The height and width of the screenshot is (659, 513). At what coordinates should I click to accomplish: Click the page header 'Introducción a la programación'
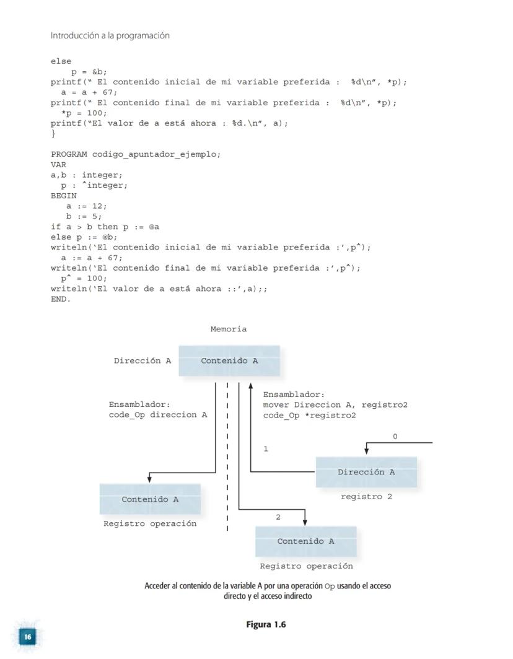click(x=110, y=36)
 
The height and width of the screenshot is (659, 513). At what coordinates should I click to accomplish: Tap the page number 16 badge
click(x=27, y=635)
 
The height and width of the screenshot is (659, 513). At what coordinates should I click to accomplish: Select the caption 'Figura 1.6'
click(x=266, y=624)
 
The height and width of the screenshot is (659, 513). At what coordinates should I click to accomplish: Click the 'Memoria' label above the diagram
click(x=228, y=329)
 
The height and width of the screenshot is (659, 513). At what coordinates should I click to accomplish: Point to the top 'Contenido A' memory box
click(x=229, y=361)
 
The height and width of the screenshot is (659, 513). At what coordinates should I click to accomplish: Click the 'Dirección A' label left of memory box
click(x=142, y=361)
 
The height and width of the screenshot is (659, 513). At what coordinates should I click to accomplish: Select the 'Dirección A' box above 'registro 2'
click(x=366, y=472)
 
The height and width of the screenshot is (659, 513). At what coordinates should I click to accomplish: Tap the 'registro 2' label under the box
click(x=366, y=496)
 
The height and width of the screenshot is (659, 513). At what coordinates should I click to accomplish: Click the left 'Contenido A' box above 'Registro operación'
click(x=150, y=499)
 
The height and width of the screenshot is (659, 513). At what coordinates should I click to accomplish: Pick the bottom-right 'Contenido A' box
click(x=305, y=541)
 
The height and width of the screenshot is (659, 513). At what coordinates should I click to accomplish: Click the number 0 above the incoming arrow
click(x=395, y=437)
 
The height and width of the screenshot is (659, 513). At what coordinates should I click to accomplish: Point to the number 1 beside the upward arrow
click(x=266, y=449)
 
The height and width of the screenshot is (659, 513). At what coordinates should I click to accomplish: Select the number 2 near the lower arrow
click(x=278, y=517)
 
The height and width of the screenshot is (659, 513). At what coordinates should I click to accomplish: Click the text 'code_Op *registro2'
click(x=309, y=415)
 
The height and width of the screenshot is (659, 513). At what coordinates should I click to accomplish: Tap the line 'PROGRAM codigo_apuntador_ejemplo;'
click(x=136, y=154)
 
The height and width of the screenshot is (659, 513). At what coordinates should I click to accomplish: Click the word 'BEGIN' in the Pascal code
click(x=64, y=196)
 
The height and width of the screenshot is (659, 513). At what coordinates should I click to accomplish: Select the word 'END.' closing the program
click(x=61, y=299)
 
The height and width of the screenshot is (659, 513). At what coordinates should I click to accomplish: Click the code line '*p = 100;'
click(x=84, y=113)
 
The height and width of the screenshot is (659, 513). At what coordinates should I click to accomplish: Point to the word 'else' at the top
click(x=61, y=61)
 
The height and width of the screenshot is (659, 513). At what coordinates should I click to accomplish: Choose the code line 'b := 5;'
click(x=84, y=216)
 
